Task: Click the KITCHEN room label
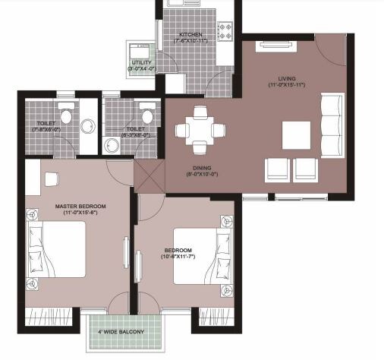click(189, 35)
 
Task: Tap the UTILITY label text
click(141, 63)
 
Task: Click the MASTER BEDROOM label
click(79, 207)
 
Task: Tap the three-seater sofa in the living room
click(332, 122)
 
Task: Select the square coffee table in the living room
click(297, 135)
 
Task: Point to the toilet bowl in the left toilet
click(67, 115)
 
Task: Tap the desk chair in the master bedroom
click(52, 180)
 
